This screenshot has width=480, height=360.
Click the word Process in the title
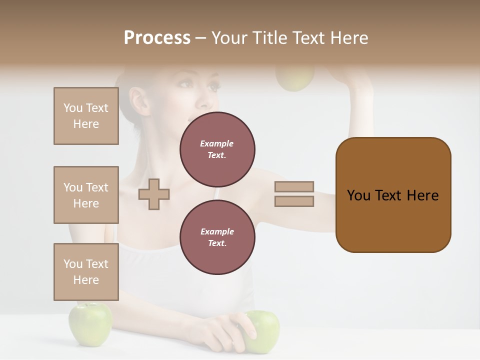pyautogui.click(x=157, y=38)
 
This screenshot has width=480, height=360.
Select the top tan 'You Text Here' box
pyautogui.click(x=86, y=116)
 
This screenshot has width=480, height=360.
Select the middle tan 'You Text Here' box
pyautogui.click(x=86, y=195)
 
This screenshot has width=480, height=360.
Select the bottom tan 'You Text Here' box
pyautogui.click(x=86, y=271)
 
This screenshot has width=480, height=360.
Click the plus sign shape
pyautogui.click(x=154, y=194)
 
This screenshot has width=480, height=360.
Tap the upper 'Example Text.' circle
pyautogui.click(x=217, y=149)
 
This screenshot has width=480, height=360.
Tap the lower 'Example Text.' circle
pyautogui.click(x=217, y=237)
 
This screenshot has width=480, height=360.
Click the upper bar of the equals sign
pyautogui.click(x=294, y=186)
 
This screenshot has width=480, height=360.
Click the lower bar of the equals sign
pyautogui.click(x=294, y=201)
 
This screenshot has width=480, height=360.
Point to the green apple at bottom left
pyautogui.click(x=90, y=323)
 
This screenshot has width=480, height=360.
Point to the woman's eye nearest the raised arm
pyautogui.click(x=214, y=86)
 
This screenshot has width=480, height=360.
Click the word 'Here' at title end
pyautogui.click(x=350, y=38)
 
